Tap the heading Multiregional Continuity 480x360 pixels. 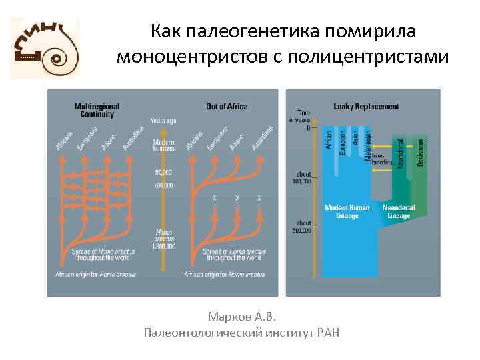(x=95, y=110)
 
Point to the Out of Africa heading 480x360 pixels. (x=227, y=106)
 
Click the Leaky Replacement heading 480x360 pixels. (x=366, y=106)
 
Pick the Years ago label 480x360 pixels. (x=163, y=121)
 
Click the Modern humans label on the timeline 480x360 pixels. (x=163, y=145)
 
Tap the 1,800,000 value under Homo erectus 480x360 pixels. (x=163, y=246)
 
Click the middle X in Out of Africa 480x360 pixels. (x=237, y=199)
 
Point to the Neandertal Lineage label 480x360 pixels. (x=399, y=211)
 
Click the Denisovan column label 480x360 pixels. (x=420, y=153)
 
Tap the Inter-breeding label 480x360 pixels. (x=382, y=158)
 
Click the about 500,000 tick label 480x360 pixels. (x=301, y=227)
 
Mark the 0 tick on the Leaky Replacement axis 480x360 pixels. (x=309, y=127)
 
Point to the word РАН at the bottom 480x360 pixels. (x=327, y=332)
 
